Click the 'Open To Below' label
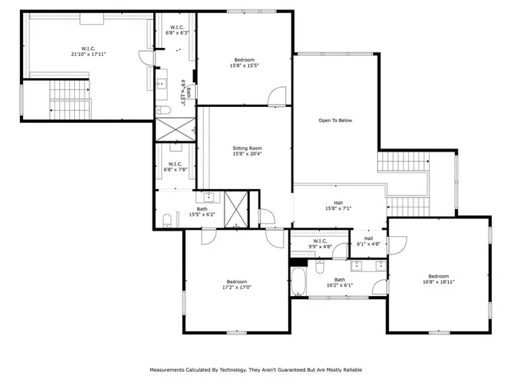pos(335,120)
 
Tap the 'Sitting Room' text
pos(247,148)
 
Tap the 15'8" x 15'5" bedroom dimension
pos(244,65)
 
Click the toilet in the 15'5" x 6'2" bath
pos(165,221)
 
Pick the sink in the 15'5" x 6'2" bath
pos(209,197)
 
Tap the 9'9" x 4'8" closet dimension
pos(320,247)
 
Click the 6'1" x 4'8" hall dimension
pos(368,244)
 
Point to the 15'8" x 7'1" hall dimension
pos(339,209)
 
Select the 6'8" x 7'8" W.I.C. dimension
pos(175,169)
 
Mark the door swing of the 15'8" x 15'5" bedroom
pos(276,96)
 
